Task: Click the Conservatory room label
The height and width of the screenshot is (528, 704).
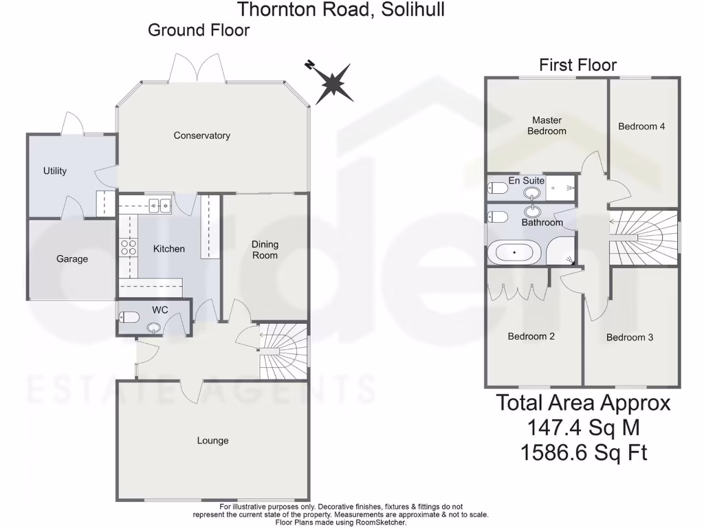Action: tap(201, 135)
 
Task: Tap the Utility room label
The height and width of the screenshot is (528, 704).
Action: tap(55, 170)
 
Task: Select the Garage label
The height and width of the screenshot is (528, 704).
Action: tap(72, 259)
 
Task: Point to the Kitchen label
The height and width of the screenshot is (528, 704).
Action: tap(169, 248)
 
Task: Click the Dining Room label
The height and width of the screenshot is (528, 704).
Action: tap(265, 250)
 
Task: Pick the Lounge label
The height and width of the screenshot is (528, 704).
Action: tap(212, 440)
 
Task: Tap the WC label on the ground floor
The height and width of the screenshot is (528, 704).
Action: tap(160, 310)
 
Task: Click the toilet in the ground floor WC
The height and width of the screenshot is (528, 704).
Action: tap(129, 317)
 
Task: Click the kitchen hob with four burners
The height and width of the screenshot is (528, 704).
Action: tap(128, 247)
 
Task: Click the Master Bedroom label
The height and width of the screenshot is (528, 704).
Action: tap(547, 126)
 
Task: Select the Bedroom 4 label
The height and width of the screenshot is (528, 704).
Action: tap(641, 126)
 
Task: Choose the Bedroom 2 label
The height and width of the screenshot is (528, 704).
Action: tap(531, 336)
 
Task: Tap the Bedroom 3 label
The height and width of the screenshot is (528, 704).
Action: tap(630, 338)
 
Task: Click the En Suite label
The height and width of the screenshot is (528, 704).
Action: tap(527, 181)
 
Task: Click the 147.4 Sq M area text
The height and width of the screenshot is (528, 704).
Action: tap(583, 428)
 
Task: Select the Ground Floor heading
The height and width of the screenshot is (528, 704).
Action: tap(199, 30)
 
